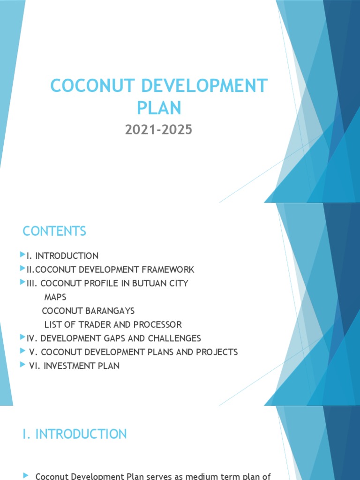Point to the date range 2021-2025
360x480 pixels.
158,130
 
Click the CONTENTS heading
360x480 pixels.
54,231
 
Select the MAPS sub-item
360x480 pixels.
55,297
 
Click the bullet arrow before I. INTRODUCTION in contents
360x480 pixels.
22,255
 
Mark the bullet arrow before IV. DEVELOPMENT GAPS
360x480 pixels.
22,337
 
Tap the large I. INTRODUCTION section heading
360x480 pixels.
75,434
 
